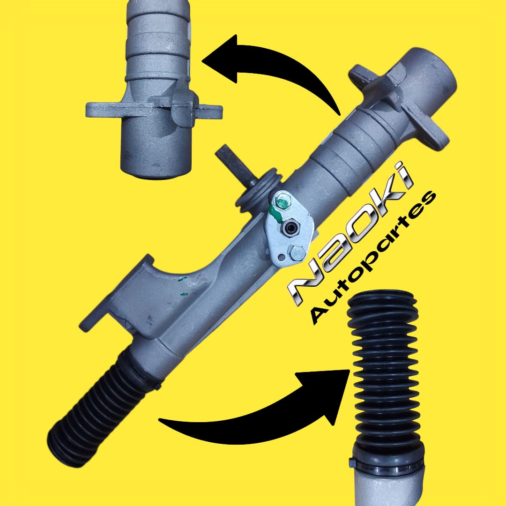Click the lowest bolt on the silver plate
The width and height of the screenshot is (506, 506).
click(x=297, y=253)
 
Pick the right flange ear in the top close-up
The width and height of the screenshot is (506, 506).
click(x=210, y=112)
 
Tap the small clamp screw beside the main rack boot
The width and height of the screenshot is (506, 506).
click(x=157, y=386)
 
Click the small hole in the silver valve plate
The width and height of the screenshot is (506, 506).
click(x=282, y=257)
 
